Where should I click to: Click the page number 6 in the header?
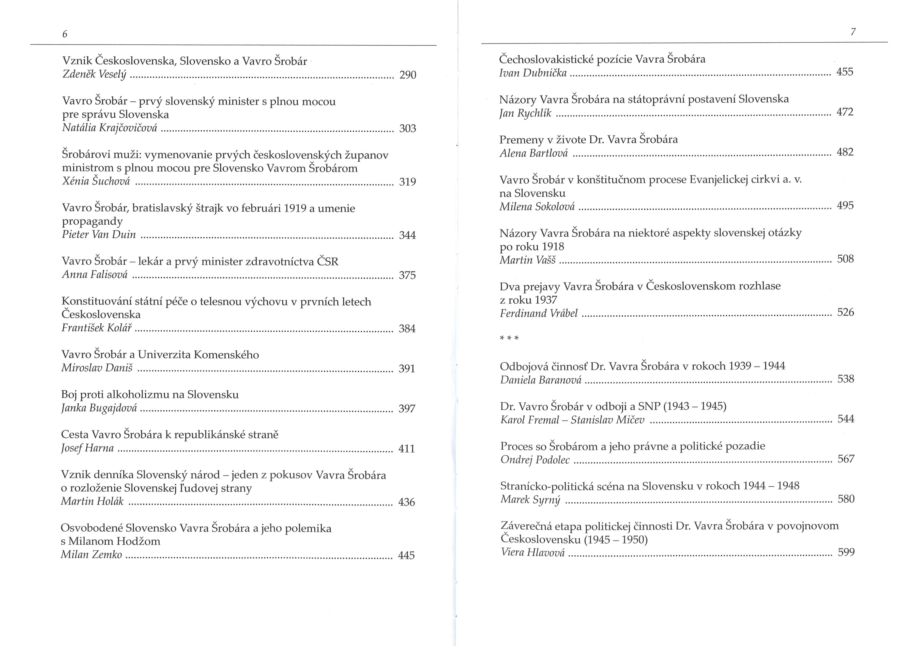[x=65, y=34]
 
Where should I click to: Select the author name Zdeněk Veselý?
[x=94, y=75]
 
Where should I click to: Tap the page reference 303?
[x=407, y=128]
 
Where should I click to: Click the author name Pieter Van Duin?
[x=99, y=235]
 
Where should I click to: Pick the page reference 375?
[x=407, y=275]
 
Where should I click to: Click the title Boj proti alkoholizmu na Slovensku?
[x=150, y=395]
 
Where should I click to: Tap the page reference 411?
[x=407, y=449]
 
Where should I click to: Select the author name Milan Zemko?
[x=91, y=555]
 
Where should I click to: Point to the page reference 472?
[x=845, y=112]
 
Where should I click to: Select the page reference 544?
[x=846, y=419]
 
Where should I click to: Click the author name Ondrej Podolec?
[x=535, y=460]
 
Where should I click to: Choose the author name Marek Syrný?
[x=530, y=500]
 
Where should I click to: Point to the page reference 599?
[x=846, y=552]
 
